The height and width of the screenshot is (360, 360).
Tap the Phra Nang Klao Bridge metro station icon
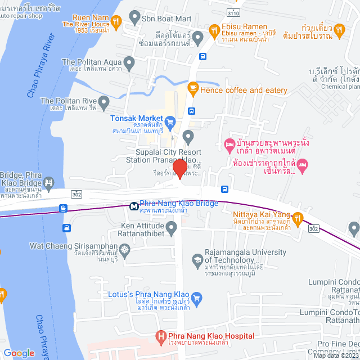(134, 206)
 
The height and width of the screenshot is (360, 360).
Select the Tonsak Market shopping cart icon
(172, 121)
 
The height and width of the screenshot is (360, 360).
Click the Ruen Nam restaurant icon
(116, 21)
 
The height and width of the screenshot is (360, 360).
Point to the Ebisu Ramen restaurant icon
(213, 29)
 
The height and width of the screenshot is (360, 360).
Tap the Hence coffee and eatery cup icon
(192, 88)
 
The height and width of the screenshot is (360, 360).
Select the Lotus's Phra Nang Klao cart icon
(196, 296)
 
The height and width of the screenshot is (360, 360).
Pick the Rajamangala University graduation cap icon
(197, 259)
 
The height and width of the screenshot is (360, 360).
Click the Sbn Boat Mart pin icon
(134, 18)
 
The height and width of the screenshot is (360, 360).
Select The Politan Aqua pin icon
(130, 62)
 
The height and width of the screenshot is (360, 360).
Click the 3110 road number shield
(231, 12)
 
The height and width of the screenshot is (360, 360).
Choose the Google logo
(19, 353)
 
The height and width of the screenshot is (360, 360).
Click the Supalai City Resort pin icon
(188, 136)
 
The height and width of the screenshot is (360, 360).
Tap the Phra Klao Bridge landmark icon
(49, 182)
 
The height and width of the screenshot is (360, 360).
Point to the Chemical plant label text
(339, 87)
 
